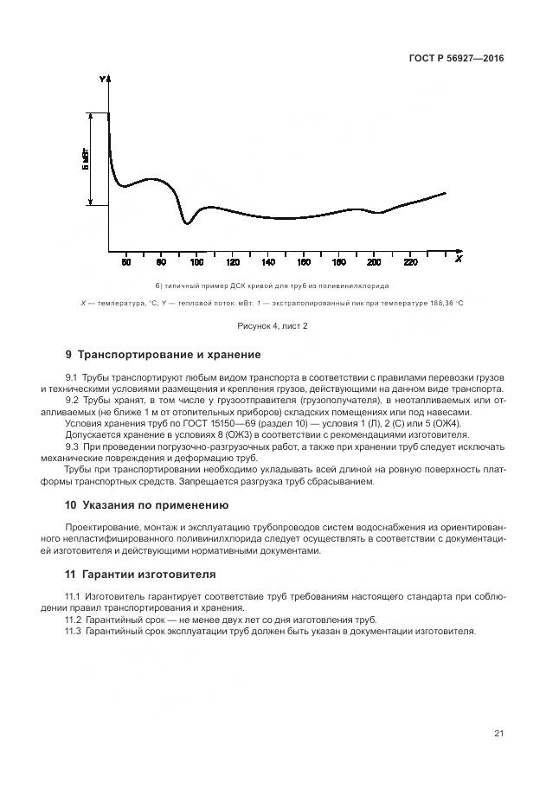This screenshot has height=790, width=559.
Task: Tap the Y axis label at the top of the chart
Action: pos(102,80)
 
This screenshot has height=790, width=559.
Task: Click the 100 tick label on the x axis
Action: pos(196,261)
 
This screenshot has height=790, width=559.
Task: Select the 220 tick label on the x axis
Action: pos(409,261)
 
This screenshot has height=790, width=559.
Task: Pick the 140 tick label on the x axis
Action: pos(267,261)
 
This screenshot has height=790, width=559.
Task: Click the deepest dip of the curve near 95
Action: pos(186,223)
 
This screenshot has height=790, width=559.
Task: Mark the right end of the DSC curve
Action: pos(446,193)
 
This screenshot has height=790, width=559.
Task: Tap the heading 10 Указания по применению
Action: pos(147,504)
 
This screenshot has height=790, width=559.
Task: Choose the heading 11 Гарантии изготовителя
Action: pos(141,574)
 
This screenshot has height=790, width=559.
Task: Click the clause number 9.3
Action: pos(73,446)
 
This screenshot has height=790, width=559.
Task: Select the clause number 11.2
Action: pos(74,620)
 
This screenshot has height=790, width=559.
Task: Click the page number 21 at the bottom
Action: pos(498,734)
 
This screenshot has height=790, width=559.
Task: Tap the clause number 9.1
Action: pos(72,378)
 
